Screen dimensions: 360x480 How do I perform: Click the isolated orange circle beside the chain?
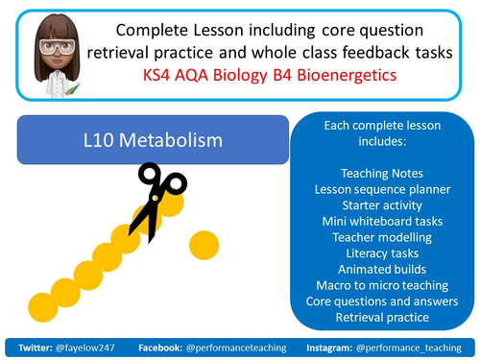203,241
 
